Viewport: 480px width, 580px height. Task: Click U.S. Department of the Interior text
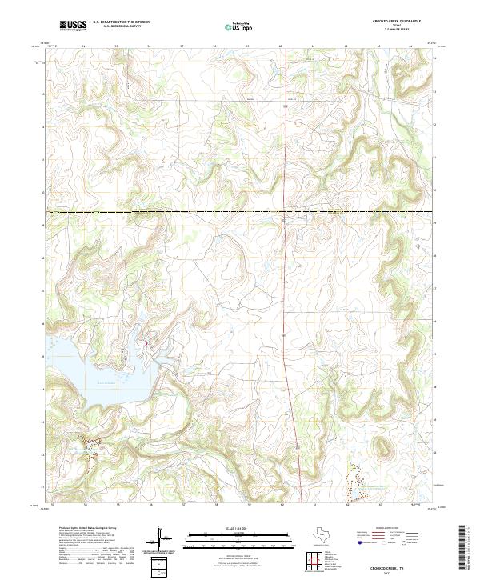click(121, 22)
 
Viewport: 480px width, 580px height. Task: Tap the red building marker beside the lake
click(146, 344)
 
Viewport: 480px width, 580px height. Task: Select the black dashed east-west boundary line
click(240, 212)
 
